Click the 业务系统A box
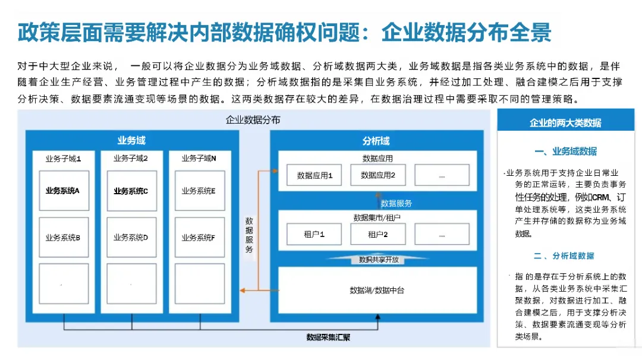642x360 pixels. [64, 191]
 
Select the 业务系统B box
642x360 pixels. [64, 238]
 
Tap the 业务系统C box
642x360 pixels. [131, 191]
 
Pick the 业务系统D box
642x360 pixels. [131, 238]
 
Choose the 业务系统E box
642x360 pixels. [199, 191]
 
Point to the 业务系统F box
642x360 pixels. [199, 238]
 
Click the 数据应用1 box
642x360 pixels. [314, 175]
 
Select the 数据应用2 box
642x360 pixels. [378, 175]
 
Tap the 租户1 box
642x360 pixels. [314, 234]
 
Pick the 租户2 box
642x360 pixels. [378, 234]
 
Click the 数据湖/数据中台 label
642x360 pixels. [377, 290]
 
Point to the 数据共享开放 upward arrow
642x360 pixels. [378, 260]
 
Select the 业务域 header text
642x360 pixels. [131, 141]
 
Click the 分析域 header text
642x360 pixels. [376, 141]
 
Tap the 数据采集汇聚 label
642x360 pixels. [328, 337]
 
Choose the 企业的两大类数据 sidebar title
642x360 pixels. [565, 123]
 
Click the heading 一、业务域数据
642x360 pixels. [565, 151]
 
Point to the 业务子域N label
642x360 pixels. [199, 159]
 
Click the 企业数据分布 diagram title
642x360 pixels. [253, 120]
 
